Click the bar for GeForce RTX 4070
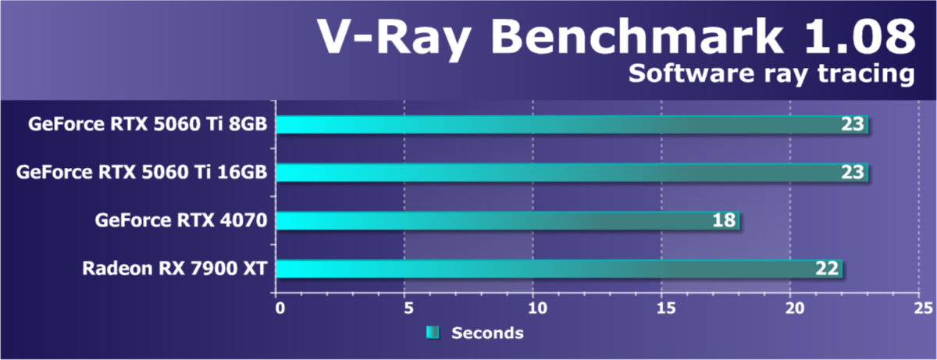click(500, 221)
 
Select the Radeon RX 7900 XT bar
click(547, 269)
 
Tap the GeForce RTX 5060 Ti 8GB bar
click(562, 124)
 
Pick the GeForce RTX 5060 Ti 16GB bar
click(562, 173)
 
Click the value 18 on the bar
click(724, 221)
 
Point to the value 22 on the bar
click(828, 269)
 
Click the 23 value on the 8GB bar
click(853, 124)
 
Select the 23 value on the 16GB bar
click(853, 173)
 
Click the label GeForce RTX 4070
click(182, 221)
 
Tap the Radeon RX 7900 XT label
click(176, 269)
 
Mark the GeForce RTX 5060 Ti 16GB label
click(142, 173)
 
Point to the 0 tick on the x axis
click(280, 308)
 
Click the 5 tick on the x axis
click(407, 308)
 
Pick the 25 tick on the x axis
click(920, 308)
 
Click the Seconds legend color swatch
click(433, 333)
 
